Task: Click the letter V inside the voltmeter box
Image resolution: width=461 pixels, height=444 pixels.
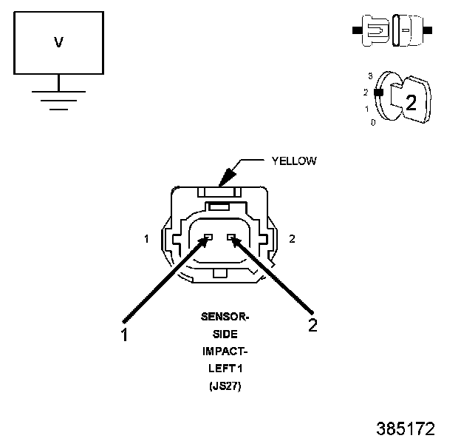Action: [x=58, y=43]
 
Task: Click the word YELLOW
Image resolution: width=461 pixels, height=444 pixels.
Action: [x=294, y=161]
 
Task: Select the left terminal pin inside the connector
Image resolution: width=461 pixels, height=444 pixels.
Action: [x=208, y=238]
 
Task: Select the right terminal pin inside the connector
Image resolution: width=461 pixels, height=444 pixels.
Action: [x=232, y=238]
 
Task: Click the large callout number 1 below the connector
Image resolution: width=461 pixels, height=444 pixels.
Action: [x=125, y=334]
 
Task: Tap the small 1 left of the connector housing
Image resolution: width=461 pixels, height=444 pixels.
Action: [x=147, y=238]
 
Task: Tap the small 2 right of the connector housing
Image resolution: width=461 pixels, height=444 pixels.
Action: [x=292, y=238]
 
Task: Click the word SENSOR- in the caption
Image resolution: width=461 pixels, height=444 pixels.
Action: [x=225, y=317]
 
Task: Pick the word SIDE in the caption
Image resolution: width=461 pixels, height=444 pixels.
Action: [x=225, y=334]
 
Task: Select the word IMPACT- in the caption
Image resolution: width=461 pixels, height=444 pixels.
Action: [x=225, y=351]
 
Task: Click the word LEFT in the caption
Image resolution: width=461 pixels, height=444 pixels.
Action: [x=220, y=368]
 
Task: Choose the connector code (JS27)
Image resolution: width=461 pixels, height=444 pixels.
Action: [x=225, y=385]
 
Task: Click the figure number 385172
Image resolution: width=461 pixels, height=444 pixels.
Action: [x=405, y=428]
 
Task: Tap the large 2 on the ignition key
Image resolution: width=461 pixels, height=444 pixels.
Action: [x=411, y=103]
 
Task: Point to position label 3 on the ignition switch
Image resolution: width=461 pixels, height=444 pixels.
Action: [x=369, y=75]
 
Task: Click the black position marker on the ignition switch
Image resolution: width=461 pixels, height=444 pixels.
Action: [x=378, y=93]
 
